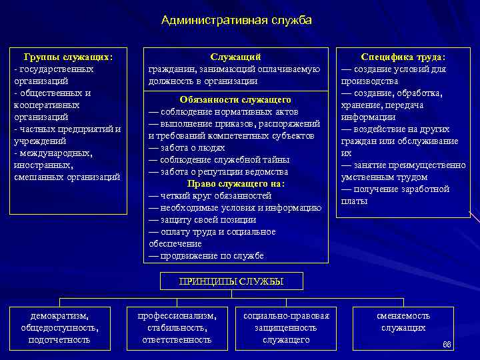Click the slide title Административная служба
(237, 21)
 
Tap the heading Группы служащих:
(68, 57)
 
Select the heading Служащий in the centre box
(235, 57)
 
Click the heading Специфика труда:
(403, 57)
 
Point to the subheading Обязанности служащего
(235, 99)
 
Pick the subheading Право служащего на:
(235, 183)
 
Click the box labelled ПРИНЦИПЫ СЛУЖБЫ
(231, 281)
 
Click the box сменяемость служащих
(403, 321)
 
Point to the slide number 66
(447, 345)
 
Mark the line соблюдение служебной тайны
(219, 159)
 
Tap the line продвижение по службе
(207, 255)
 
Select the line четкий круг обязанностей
(210, 195)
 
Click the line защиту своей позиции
(203, 219)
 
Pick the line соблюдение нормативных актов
(223, 111)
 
